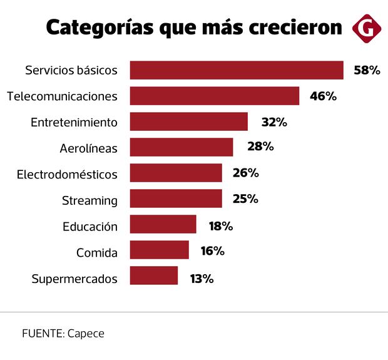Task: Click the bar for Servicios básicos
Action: click(237, 70)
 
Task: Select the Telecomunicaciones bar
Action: click(215, 96)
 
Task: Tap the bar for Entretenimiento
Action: click(189, 121)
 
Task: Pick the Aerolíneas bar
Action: click(181, 147)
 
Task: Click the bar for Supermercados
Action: click(154, 275)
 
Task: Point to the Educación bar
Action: click(163, 224)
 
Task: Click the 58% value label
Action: click(367, 70)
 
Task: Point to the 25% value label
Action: click(245, 198)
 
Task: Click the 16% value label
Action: click(212, 250)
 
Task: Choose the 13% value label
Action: click(201, 279)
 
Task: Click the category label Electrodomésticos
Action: click(67, 174)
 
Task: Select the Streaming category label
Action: click(89, 201)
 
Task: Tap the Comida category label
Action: click(97, 252)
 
